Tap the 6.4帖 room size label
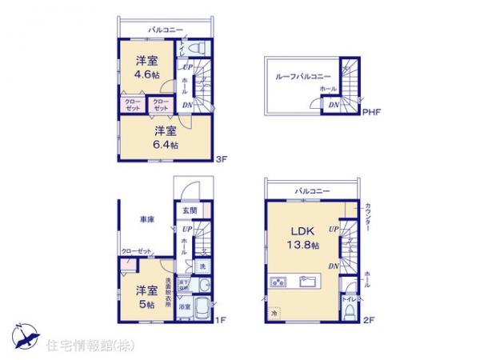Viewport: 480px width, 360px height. click(166, 145)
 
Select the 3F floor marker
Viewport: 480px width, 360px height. click(222, 159)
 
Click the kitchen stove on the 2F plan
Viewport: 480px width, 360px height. click(279, 282)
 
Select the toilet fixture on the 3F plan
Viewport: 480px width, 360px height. click(200, 50)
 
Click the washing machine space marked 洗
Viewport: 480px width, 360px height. click(202, 266)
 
